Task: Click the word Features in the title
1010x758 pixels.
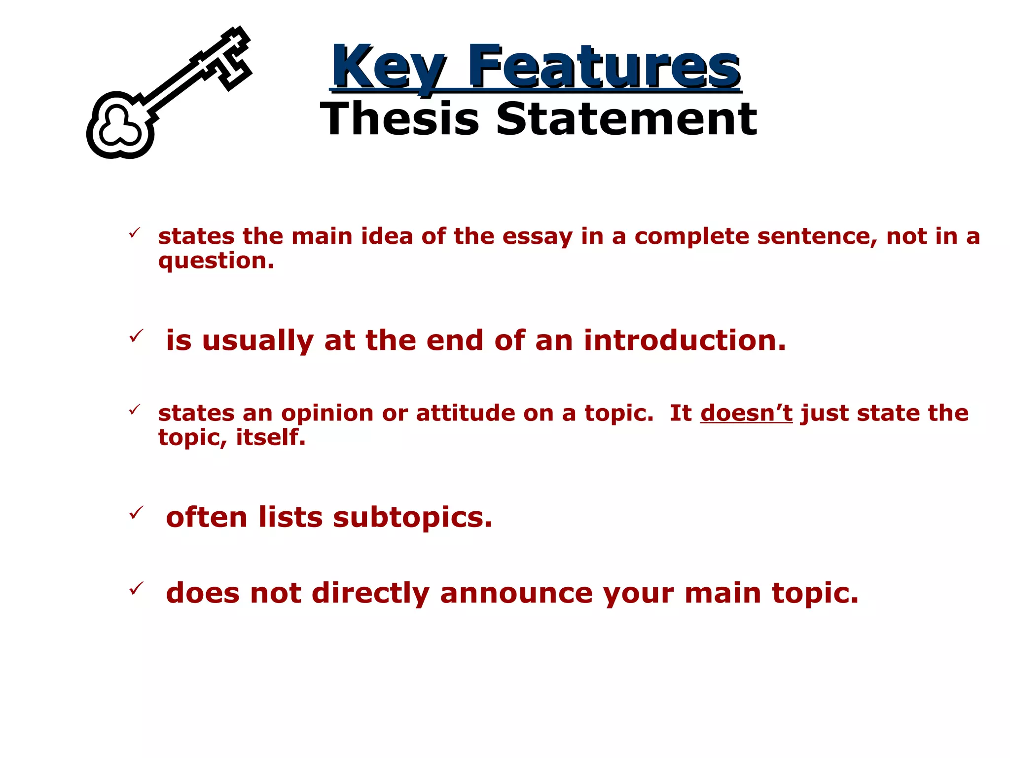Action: click(x=604, y=67)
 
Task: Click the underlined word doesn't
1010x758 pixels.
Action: click(x=746, y=413)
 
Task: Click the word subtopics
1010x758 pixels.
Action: click(x=412, y=518)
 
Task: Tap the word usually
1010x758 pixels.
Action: click(x=257, y=341)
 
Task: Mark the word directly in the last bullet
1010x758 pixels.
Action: click(x=370, y=593)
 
